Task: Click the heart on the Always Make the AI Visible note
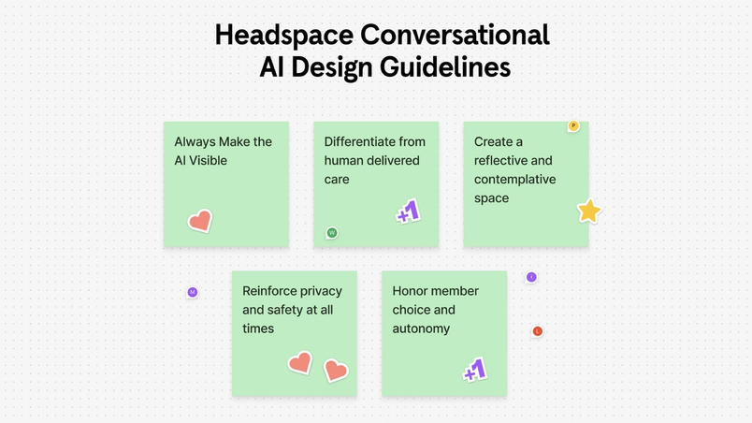pyautogui.click(x=199, y=222)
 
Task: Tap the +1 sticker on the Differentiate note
pyautogui.click(x=408, y=212)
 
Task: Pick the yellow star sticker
pyautogui.click(x=588, y=211)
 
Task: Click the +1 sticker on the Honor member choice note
pyautogui.click(x=475, y=370)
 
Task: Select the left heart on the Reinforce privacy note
pyautogui.click(x=299, y=362)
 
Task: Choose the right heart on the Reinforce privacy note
pyautogui.click(x=335, y=371)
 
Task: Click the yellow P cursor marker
pyautogui.click(x=573, y=126)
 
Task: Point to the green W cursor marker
pyautogui.click(x=331, y=233)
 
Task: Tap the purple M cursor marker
pyautogui.click(x=193, y=293)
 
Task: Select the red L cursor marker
pyautogui.click(x=538, y=331)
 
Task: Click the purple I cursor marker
pyautogui.click(x=531, y=277)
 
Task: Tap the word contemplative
pyautogui.click(x=514, y=179)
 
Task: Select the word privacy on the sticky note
pyautogui.click(x=320, y=291)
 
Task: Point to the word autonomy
pyautogui.click(x=421, y=328)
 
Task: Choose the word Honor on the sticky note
pyautogui.click(x=411, y=291)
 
